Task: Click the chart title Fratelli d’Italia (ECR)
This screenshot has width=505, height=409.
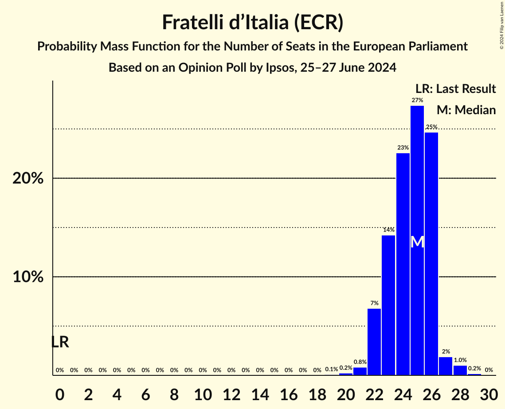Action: [x=252, y=22]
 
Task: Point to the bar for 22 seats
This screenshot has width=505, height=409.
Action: [x=374, y=342]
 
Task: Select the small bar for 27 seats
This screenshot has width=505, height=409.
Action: [x=446, y=366]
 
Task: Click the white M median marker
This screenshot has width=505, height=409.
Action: [x=417, y=242]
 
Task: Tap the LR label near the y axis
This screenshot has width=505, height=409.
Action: [x=60, y=342]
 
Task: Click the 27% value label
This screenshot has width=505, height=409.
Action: [x=417, y=100]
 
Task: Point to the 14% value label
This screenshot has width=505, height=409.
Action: [x=389, y=230]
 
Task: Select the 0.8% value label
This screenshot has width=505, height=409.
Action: [x=360, y=362]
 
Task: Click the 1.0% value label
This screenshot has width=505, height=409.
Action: [x=460, y=360]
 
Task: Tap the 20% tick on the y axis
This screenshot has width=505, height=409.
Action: [x=27, y=179]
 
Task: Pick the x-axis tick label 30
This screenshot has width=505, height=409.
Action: [x=489, y=393]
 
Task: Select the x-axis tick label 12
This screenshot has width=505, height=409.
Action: [x=231, y=393]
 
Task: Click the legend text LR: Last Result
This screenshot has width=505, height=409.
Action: [x=455, y=89]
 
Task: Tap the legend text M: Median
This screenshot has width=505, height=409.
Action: [x=466, y=110]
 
